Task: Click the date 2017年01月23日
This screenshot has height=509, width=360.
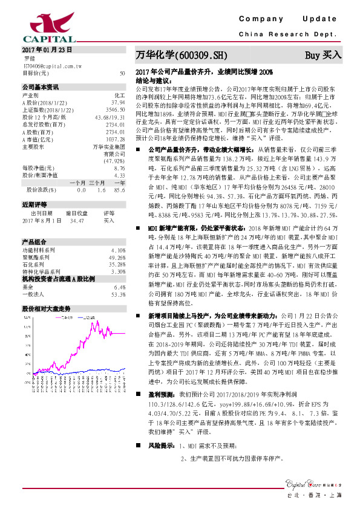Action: pos(47,49)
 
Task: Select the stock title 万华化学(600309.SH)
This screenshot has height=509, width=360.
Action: pos(181,56)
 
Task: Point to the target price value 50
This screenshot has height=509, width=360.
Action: pos(122,73)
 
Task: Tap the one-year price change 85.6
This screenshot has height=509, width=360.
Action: pos(119,189)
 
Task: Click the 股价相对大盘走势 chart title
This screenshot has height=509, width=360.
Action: pos(47,308)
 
